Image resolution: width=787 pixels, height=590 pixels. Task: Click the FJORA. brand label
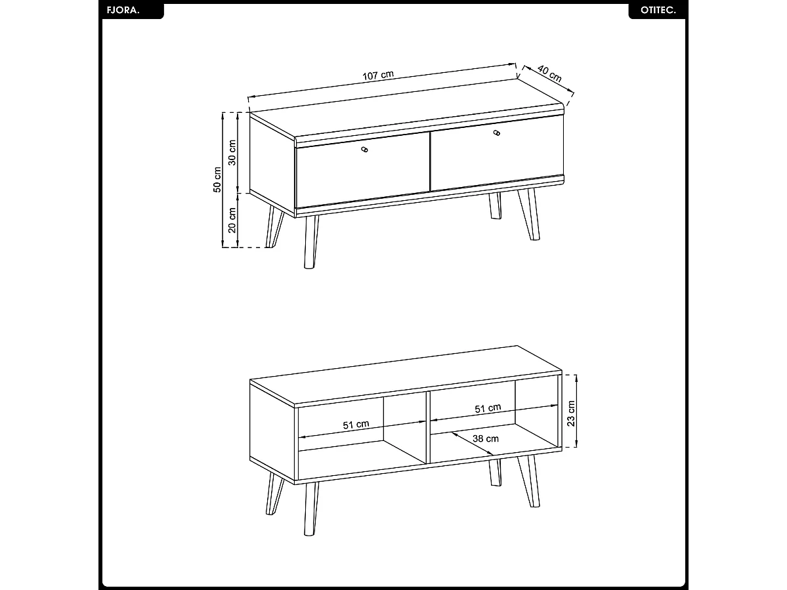123,10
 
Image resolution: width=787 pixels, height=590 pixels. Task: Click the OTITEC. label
658,10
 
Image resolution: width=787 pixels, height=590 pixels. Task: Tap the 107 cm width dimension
378,75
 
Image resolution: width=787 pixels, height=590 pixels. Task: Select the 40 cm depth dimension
549,74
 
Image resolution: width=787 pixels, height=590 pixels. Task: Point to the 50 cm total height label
217,180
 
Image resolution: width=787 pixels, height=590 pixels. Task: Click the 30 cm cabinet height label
232,152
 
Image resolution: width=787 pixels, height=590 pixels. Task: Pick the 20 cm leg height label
232,221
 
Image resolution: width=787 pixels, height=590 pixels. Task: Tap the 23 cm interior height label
571,413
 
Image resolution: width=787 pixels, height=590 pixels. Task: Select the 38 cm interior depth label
485,438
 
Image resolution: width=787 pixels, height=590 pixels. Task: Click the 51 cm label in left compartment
356,425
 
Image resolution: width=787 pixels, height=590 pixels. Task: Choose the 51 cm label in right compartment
488,408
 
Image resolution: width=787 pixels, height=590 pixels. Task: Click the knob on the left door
364,149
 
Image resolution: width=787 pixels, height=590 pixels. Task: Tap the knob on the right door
497,133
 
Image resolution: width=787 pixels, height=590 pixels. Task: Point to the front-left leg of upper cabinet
311,242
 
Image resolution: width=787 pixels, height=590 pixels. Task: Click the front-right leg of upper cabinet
528,214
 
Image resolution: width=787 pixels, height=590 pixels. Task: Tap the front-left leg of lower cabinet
311,509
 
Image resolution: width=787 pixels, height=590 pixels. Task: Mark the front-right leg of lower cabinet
528,481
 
